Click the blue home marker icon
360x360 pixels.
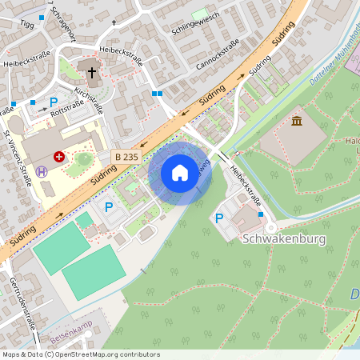(x=180, y=172)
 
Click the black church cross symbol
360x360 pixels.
(x=92, y=73)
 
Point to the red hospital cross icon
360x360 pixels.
(x=59, y=158)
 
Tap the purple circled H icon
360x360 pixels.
(x=42, y=170)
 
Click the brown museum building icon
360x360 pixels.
(x=297, y=121)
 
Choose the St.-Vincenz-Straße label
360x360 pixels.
(x=18, y=156)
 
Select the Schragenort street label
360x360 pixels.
(x=61, y=23)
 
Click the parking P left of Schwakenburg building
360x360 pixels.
(x=219, y=218)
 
